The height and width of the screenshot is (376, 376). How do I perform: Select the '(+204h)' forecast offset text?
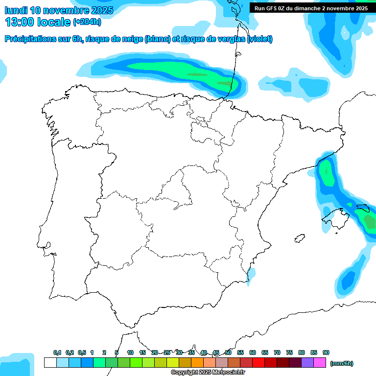click(87, 22)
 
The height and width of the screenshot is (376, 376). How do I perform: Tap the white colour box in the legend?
click(50, 362)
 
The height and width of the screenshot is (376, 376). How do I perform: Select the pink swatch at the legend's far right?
click(320, 362)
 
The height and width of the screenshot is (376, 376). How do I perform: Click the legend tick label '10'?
click(130, 352)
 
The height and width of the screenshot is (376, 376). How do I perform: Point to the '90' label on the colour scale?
click(326, 352)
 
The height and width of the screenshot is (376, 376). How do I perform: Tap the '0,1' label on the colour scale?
click(57, 352)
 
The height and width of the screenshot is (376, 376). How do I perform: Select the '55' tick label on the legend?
click(240, 352)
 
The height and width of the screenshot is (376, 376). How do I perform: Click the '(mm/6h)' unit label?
click(342, 363)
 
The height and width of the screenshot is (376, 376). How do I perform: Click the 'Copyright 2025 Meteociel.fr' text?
click(208, 372)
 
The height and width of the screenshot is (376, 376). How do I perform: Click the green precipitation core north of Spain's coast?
click(196, 74)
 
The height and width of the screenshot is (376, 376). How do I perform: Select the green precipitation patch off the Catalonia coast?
click(327, 174)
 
